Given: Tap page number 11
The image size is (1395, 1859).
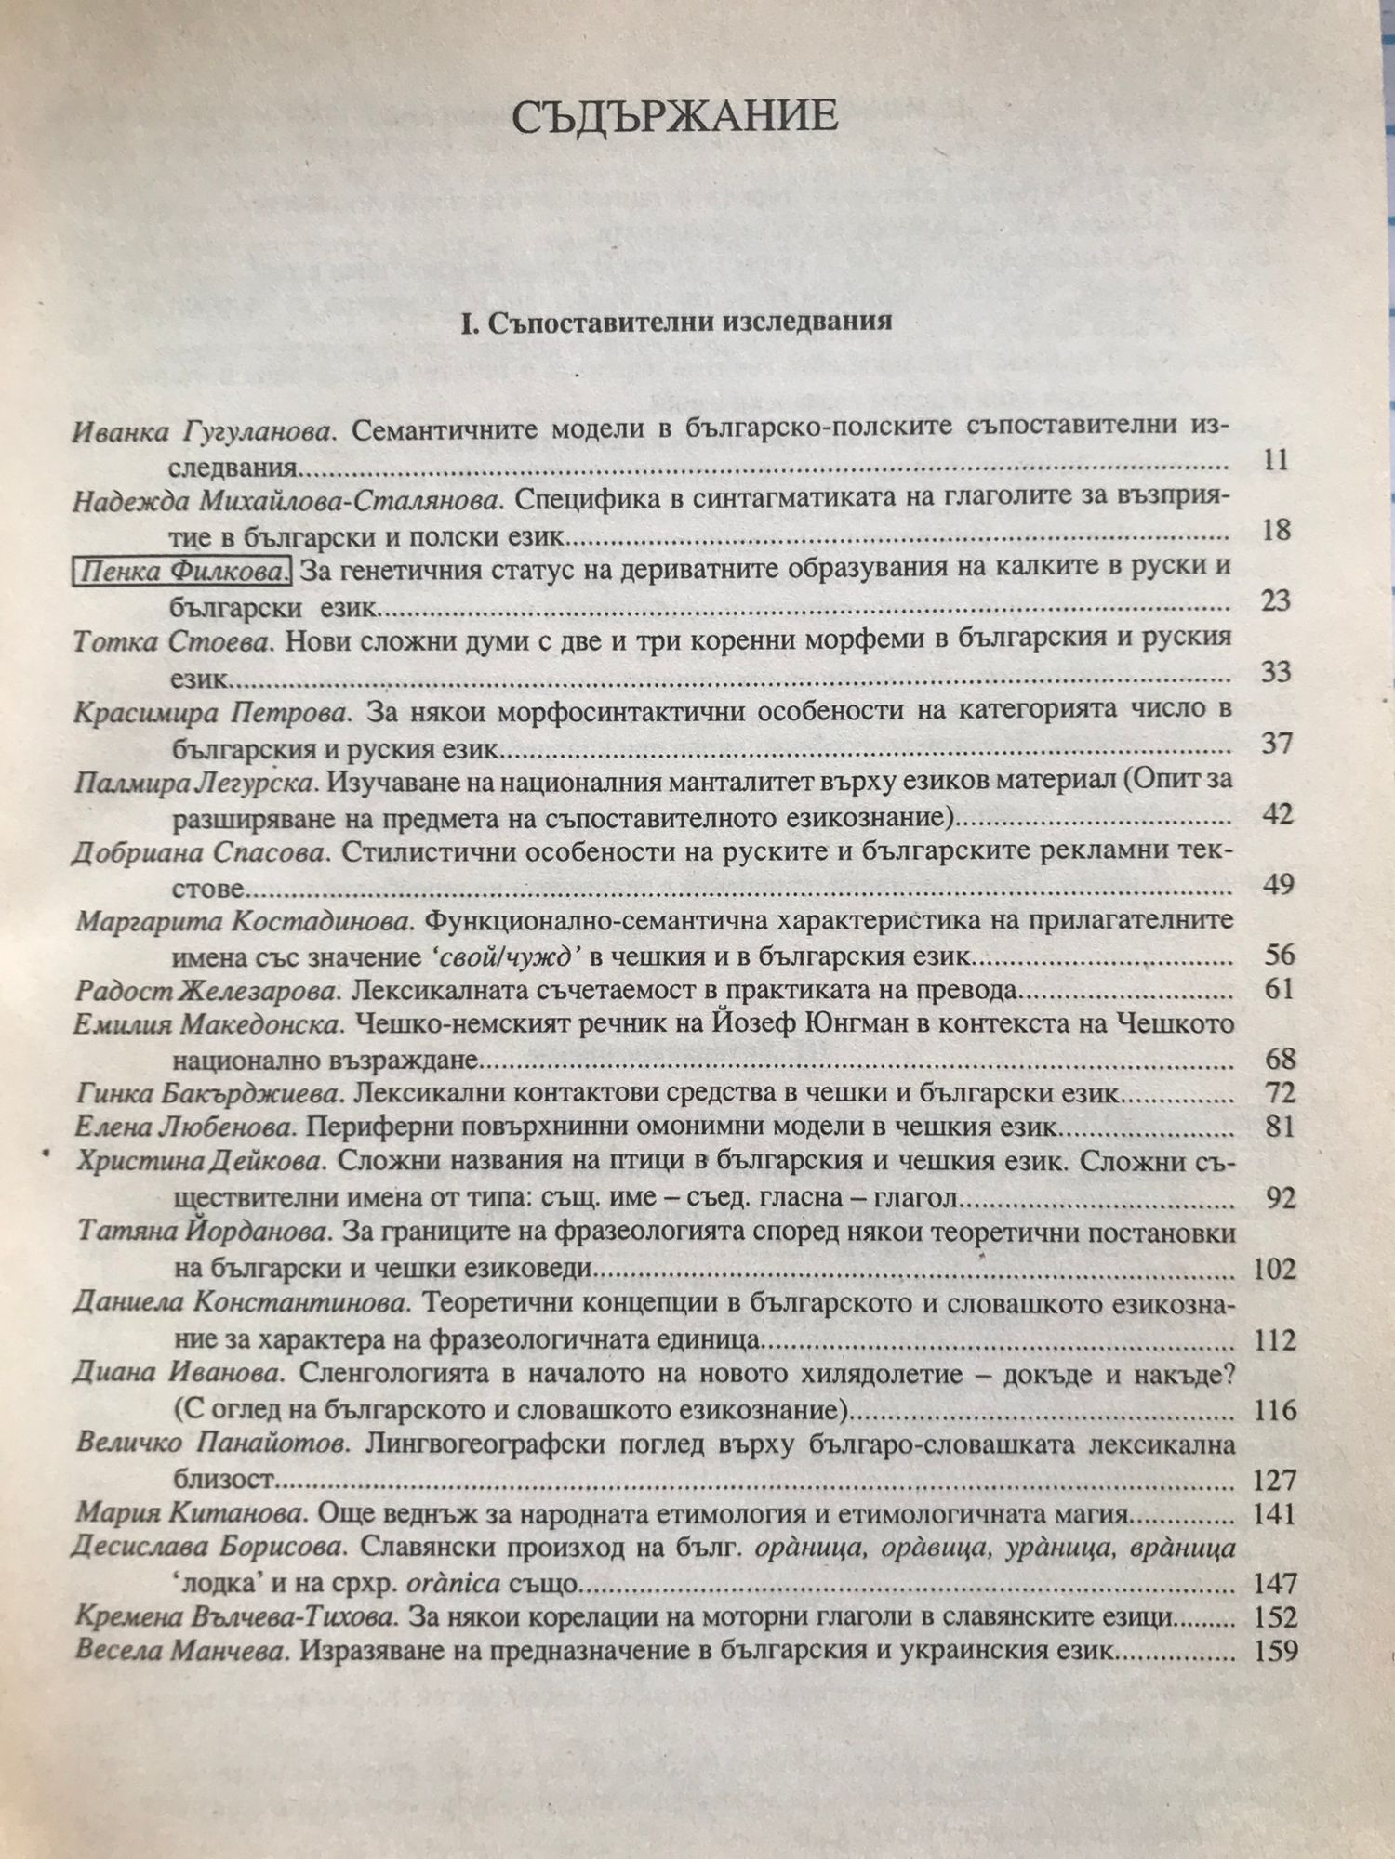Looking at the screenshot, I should (1275, 461).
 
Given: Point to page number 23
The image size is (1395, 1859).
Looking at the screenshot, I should (1275, 601).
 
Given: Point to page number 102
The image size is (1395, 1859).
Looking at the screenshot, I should (1269, 1269).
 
